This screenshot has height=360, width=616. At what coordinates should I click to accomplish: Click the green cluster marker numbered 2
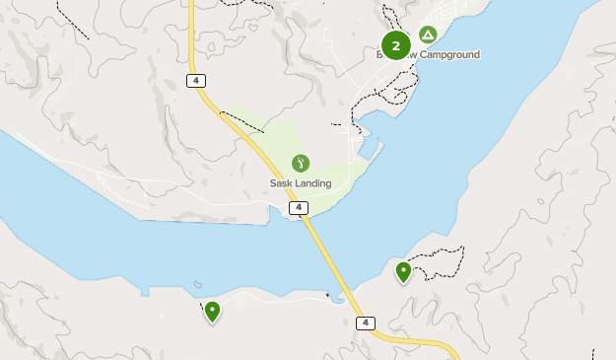tap(395, 45)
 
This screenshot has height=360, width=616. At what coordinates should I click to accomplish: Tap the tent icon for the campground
tap(428, 35)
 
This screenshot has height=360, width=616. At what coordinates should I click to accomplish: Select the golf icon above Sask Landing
tap(301, 163)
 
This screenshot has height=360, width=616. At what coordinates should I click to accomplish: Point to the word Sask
tap(283, 183)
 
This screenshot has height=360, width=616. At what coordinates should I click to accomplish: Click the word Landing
tap(314, 183)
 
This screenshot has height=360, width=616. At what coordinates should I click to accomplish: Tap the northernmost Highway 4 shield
tap(196, 81)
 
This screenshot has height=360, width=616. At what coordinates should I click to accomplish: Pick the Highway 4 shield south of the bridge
tap(366, 324)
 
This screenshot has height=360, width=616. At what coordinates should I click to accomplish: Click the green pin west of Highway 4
tap(212, 312)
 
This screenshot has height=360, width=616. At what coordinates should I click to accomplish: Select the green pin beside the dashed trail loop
tap(403, 271)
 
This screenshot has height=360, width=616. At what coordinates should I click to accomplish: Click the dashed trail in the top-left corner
tap(71, 20)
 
